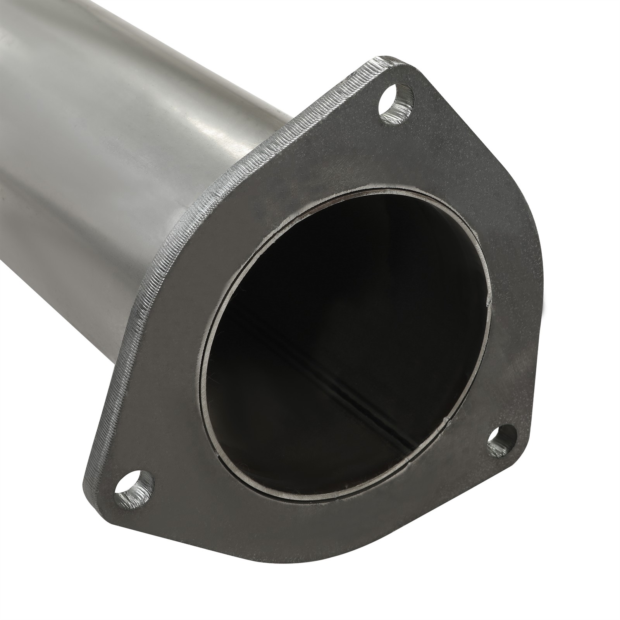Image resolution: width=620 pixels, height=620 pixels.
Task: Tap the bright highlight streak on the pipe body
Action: (x=209, y=97)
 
